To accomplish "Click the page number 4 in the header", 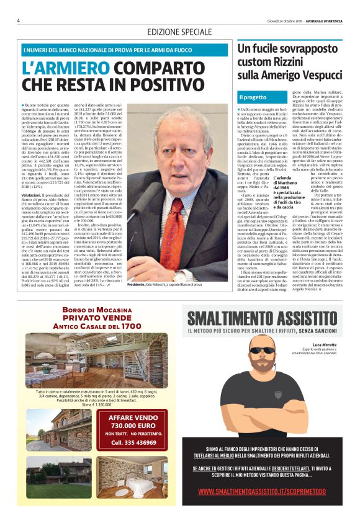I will click(x=19, y=20).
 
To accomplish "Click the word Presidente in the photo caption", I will click(x=136, y=284).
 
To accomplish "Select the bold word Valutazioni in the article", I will click(x=32, y=195).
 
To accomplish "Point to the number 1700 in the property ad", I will click(x=133, y=326).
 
